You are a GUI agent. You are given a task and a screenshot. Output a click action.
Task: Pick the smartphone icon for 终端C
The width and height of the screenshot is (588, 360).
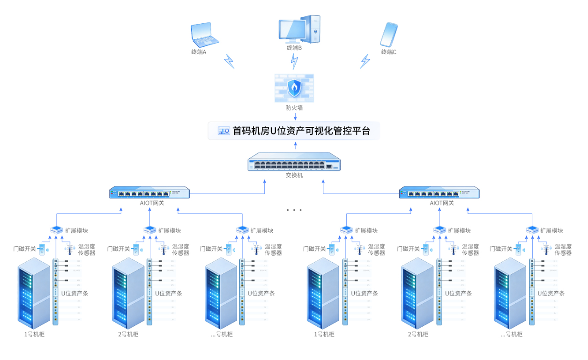coord(389,34)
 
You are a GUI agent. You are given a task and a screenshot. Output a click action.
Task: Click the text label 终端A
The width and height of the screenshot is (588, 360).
coord(199,52)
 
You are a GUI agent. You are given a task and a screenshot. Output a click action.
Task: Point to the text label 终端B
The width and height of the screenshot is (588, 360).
coord(294,48)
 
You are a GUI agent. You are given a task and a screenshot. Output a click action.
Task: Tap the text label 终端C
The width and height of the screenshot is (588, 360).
coord(388,52)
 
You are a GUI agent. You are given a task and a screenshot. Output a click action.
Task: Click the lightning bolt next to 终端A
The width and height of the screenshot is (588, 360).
coord(229,61)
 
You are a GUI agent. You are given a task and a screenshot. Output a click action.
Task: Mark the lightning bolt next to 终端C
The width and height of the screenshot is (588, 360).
coord(365,61)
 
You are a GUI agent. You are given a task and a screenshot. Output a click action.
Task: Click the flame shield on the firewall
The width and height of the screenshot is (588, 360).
coord(294,87)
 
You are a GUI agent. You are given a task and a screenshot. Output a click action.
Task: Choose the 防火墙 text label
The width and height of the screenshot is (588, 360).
coord(294,108)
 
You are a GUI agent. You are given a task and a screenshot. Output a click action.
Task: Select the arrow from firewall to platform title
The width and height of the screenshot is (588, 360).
coord(295,116)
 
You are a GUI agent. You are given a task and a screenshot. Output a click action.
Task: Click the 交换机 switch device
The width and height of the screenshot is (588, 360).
coord(294,162)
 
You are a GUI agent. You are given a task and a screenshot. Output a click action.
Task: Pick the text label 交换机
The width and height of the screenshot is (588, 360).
coord(294,176)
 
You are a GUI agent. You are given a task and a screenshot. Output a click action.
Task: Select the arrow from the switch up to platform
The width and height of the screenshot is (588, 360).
coord(295,146)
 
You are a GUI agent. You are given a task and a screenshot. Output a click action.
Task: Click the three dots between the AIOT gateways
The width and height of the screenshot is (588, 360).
coord(294,210)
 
